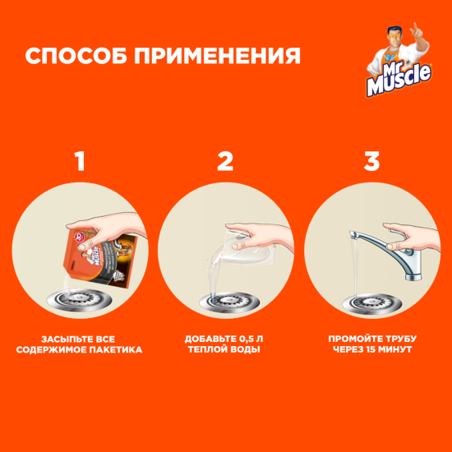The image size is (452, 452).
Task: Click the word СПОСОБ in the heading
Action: [x=73, y=57]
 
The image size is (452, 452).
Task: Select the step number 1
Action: [x=79, y=161]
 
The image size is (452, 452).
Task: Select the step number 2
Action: [x=225, y=161]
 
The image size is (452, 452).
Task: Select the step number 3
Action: [x=371, y=161]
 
